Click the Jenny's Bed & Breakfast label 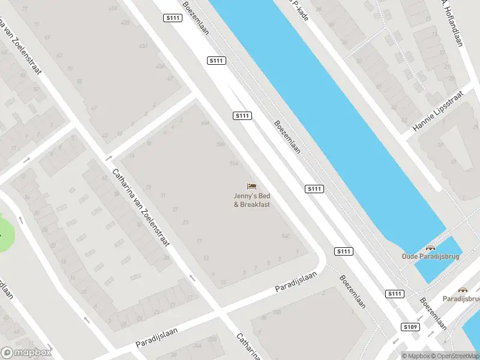tap(252, 200)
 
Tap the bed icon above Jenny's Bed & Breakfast tap(252, 187)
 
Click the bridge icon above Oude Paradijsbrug tap(430, 247)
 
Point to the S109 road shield tap(410, 327)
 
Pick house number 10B tap(277, 313)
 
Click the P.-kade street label tap(298, 9)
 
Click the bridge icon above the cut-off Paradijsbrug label tap(463, 289)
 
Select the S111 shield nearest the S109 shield tap(394, 293)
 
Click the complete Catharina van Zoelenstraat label tap(141, 208)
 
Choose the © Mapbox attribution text tap(415, 355)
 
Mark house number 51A tap(234, 163)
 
